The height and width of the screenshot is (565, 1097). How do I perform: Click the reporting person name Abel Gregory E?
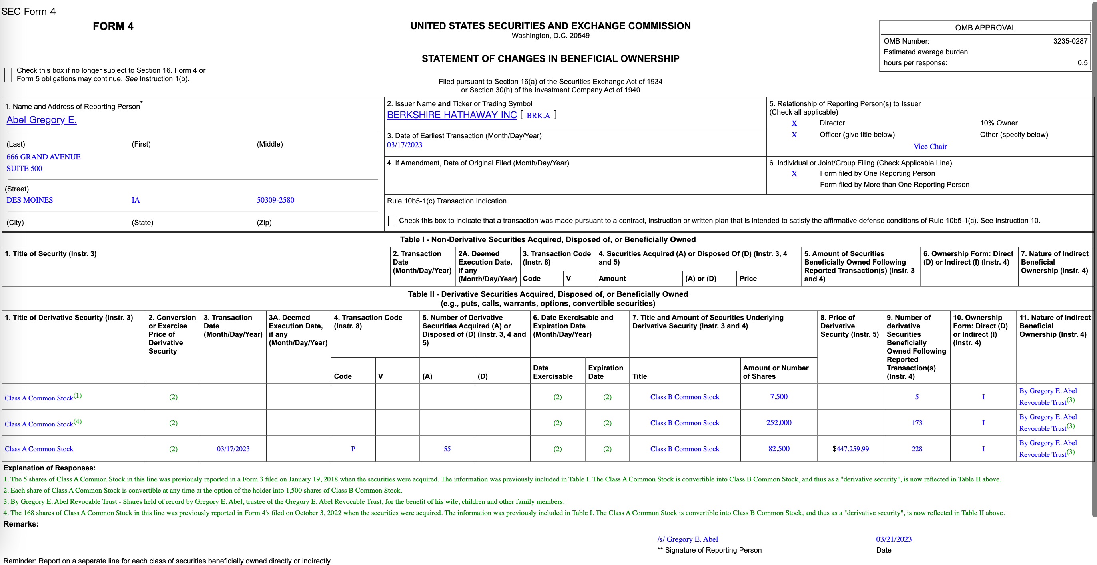pos(41,120)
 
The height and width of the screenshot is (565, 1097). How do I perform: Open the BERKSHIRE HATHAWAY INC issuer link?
pos(451,115)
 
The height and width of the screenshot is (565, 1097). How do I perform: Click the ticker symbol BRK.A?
pos(538,116)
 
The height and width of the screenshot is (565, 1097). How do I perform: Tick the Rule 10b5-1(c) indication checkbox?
pos(391,221)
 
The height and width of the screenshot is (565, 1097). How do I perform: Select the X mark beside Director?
pos(794,123)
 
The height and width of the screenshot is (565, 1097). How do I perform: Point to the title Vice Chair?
pos(929,147)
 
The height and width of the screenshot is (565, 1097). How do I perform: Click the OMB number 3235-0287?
pos(1070,41)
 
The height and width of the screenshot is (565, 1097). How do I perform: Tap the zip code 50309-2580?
pos(275,200)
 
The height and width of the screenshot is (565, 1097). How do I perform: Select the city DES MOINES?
pos(30,200)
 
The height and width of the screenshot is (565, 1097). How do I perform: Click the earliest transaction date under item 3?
pos(405,145)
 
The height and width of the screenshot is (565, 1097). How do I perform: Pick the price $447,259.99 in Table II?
pos(850,449)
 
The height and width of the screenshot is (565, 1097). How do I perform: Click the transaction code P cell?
pos(353,449)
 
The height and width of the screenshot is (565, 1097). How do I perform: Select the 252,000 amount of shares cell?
pos(778,423)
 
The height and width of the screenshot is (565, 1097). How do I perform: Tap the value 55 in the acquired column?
pos(447,449)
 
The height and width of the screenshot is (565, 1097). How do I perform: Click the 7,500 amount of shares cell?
pos(778,397)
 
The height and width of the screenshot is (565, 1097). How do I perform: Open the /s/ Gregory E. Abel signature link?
pos(687,539)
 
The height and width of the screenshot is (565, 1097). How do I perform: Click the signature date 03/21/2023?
pos(894,539)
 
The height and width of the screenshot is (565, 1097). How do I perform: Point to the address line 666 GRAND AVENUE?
pos(44,157)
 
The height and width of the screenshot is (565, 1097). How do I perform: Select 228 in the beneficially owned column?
pos(916,449)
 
